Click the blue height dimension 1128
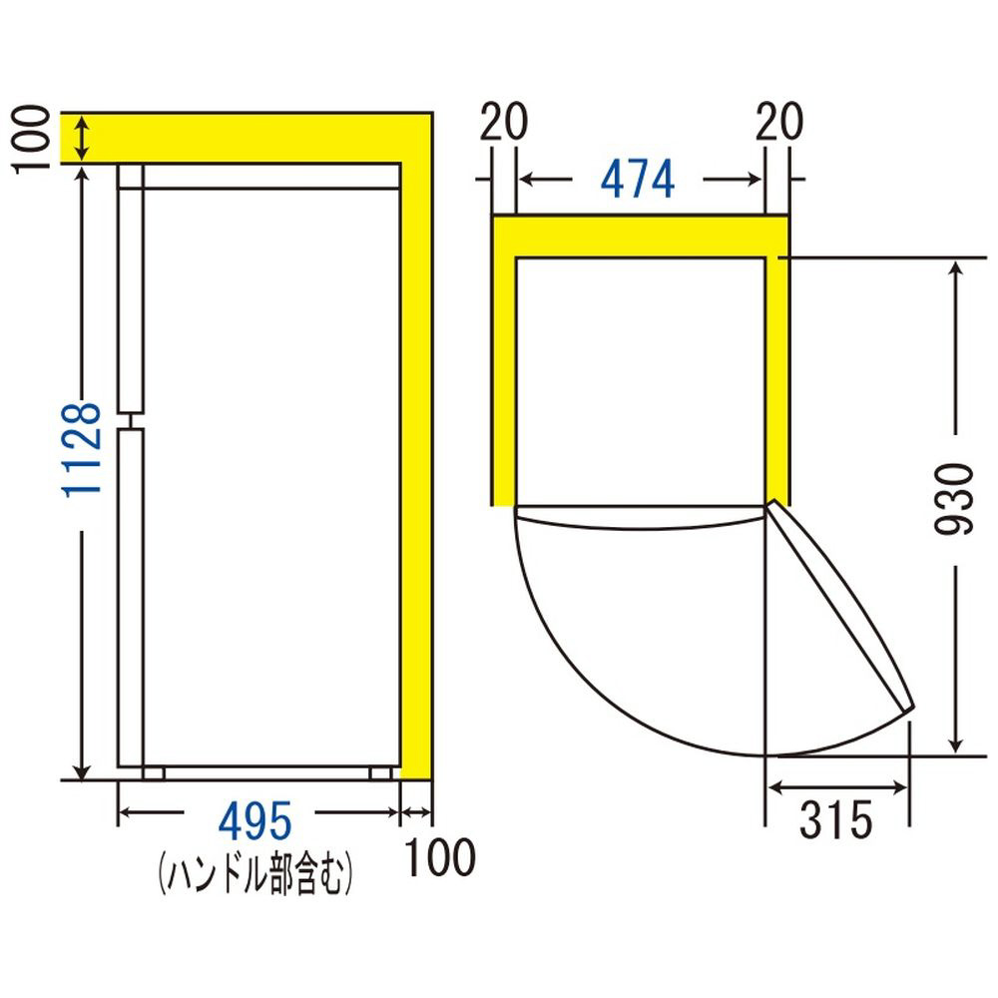coord(82,449)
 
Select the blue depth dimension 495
coord(254,821)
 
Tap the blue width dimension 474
coord(637,180)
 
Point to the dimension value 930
coord(955,499)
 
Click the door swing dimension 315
coord(835,819)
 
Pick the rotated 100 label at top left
coord(31,139)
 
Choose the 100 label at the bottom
coord(440,856)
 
